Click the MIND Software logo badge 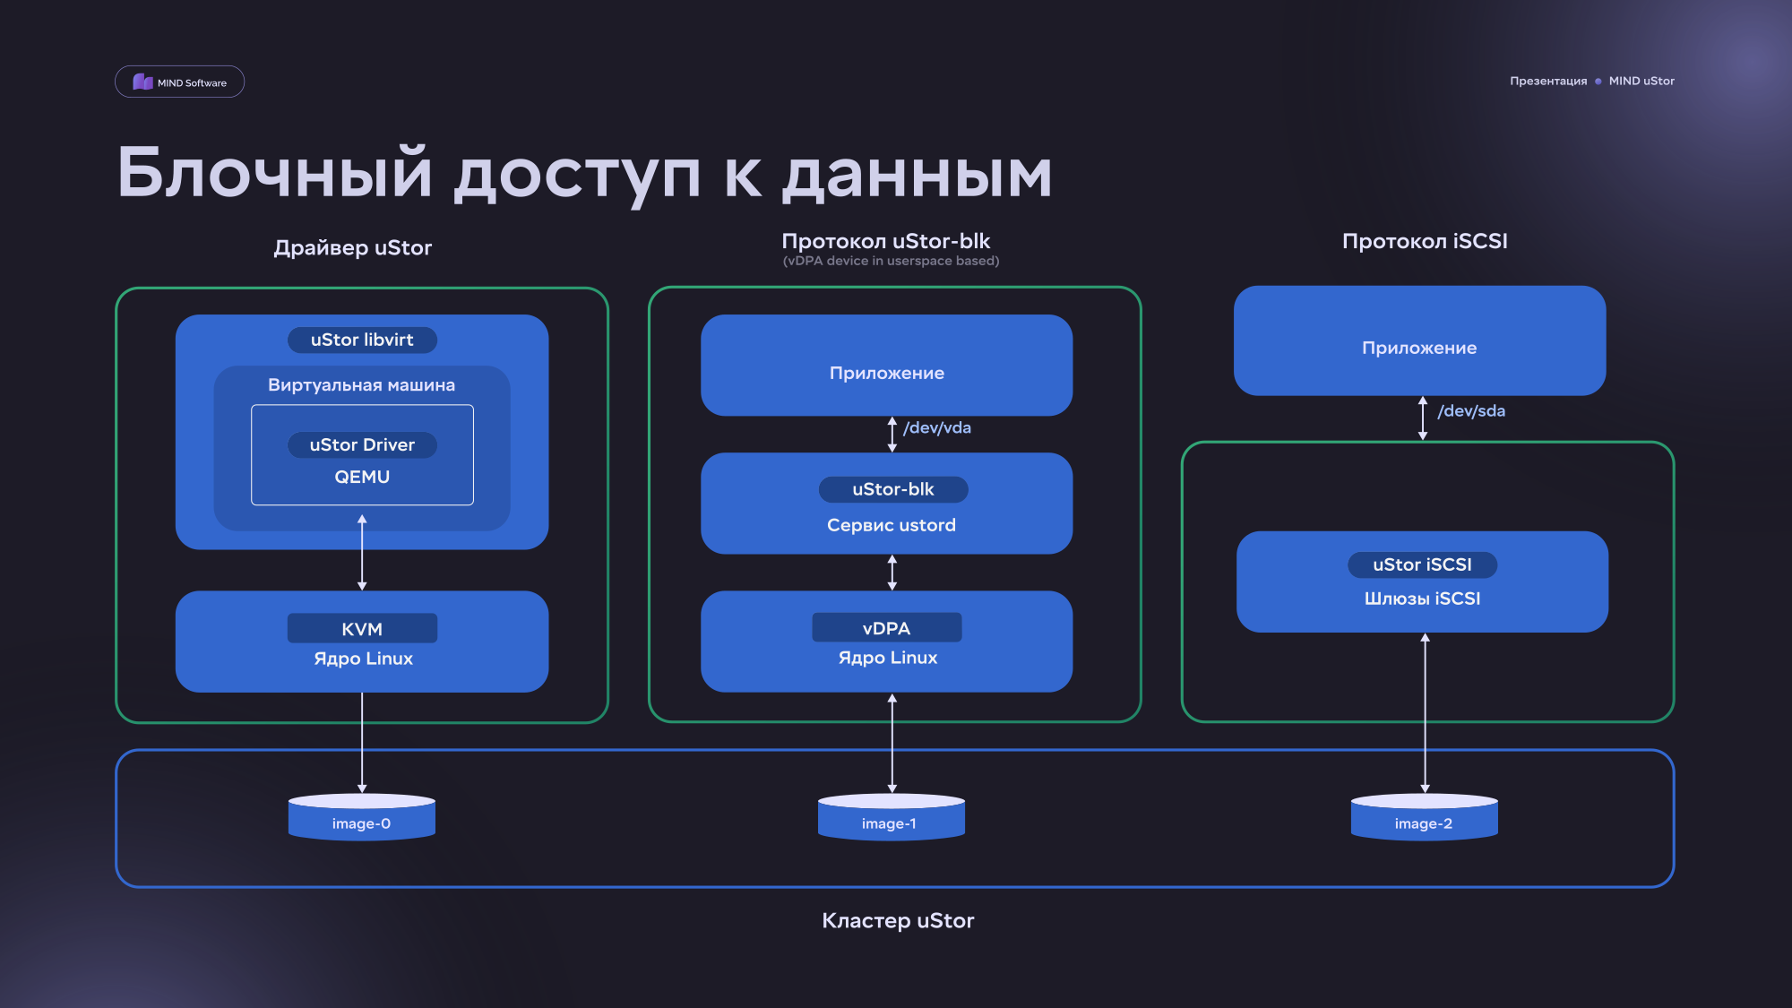[x=179, y=82]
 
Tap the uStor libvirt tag [x=362, y=340]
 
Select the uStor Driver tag [x=362, y=444]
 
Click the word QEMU [x=362, y=477]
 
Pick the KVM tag [x=362, y=628]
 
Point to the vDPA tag [x=887, y=627]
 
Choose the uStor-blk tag [x=893, y=489]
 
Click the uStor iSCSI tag [x=1422, y=564]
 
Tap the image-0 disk [x=362, y=817]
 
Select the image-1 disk [x=892, y=817]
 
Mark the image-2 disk [x=1424, y=817]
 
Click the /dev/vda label [x=937, y=427]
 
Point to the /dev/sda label [x=1471, y=410]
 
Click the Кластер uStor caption [x=898, y=920]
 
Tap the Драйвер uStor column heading [x=353, y=248]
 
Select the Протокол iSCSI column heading [x=1425, y=241]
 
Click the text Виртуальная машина [x=361, y=385]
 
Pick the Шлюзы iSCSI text [x=1422, y=599]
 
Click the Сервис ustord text [x=892, y=525]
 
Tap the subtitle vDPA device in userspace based [x=891, y=261]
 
